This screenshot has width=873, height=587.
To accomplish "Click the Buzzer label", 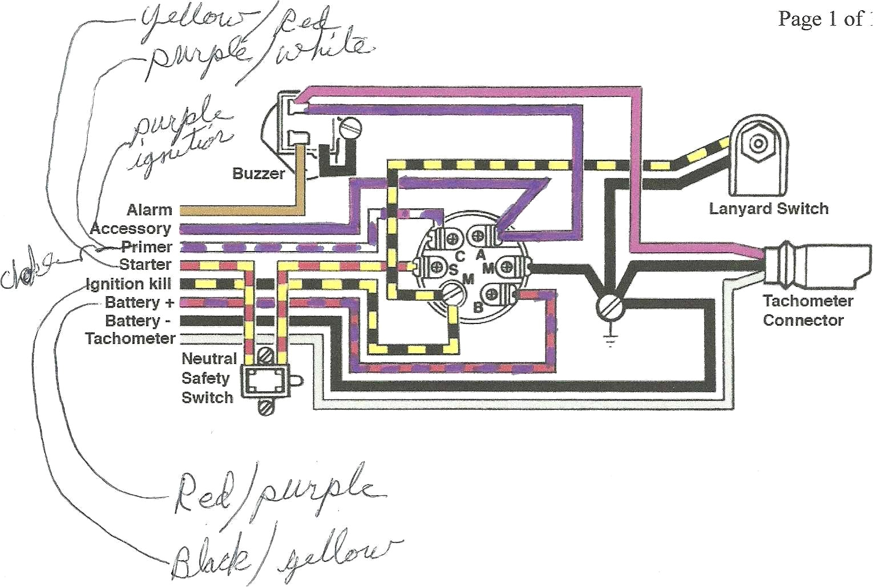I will pyautogui.click(x=258, y=173).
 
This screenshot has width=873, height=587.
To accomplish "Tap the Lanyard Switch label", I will pyautogui.click(x=768, y=209).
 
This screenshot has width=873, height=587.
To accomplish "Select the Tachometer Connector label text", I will pyautogui.click(x=807, y=310).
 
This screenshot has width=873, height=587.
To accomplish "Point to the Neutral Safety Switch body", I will pyautogui.click(x=264, y=380).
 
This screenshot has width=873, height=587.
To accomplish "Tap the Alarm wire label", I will pyautogui.click(x=149, y=210).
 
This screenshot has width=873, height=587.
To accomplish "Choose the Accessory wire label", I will pyautogui.click(x=131, y=229).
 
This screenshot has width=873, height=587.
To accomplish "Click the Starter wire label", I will pyautogui.click(x=145, y=265).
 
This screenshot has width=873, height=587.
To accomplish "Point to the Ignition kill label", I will pyautogui.click(x=128, y=284).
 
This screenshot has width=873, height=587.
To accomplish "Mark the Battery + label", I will pyautogui.click(x=139, y=302).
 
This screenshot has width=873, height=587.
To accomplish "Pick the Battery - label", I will pyautogui.click(x=138, y=320).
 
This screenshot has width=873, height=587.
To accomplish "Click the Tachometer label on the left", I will pyautogui.click(x=130, y=338).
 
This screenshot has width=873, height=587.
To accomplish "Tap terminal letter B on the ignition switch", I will pyautogui.click(x=478, y=307).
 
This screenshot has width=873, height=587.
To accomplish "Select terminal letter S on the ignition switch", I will pyautogui.click(x=454, y=269).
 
